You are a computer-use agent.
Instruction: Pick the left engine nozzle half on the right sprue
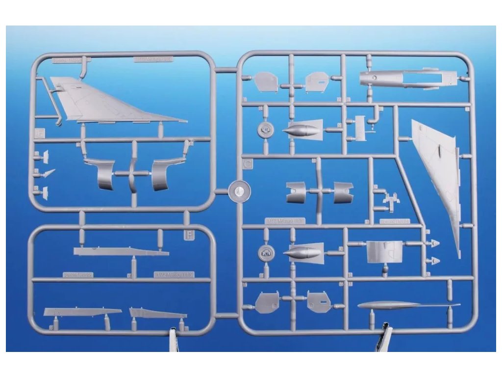tap(296, 192)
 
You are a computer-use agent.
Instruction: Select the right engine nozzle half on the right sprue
tap(343, 192)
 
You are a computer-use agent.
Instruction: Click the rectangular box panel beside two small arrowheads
tap(384, 251)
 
